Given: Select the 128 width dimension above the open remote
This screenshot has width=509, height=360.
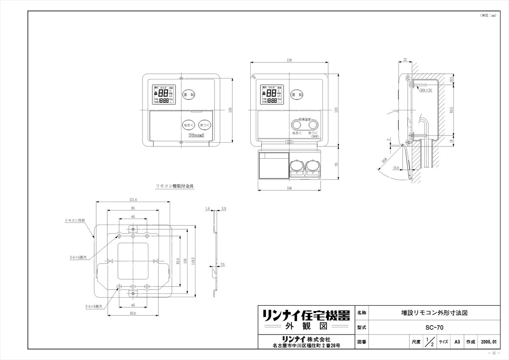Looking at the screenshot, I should [289, 61].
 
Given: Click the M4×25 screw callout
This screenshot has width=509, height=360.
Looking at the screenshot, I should [426, 90].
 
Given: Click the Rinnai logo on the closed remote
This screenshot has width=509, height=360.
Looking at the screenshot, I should [196, 135].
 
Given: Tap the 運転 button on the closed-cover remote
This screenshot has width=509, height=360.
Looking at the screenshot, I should [188, 95].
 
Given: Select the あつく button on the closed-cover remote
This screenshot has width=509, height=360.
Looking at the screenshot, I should [204, 125].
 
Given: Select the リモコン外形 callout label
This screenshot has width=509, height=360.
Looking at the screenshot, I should [75, 221].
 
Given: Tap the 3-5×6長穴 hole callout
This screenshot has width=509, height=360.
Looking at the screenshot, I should [78, 257].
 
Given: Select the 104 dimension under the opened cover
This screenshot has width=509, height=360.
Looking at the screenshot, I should [289, 188].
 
